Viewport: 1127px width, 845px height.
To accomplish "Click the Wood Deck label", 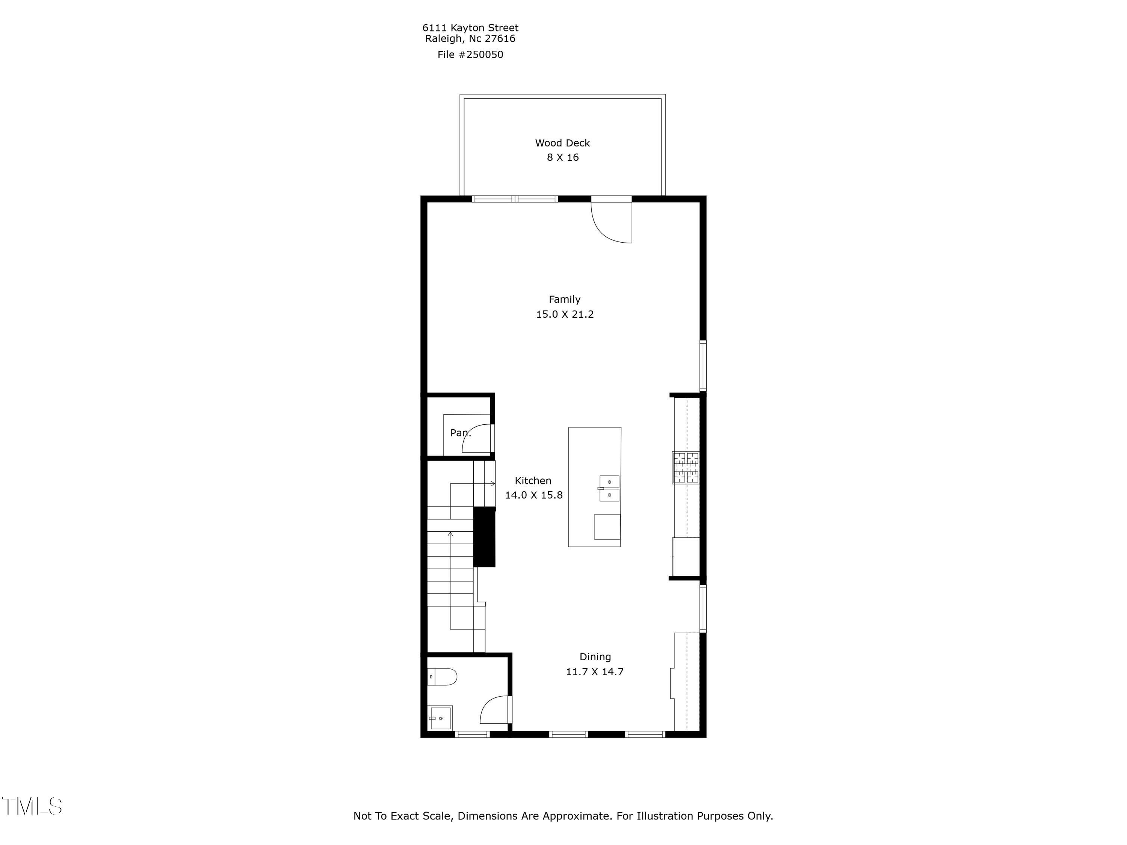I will click(x=562, y=143).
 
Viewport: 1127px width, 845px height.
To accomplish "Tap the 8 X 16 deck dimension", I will click(x=562, y=157).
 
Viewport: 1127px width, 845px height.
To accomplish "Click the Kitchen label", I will click(x=533, y=481).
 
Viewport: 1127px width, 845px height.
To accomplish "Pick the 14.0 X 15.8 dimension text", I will click(x=533, y=495).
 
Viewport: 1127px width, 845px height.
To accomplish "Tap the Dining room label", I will click(x=595, y=657).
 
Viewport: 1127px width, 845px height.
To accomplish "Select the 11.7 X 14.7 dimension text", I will click(x=595, y=672).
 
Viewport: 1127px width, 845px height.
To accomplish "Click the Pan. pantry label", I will click(x=460, y=433).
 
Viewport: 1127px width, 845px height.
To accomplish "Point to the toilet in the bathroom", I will click(x=442, y=677).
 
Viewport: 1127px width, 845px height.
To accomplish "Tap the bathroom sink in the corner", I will click(x=440, y=718).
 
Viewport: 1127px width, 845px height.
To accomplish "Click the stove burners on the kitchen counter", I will click(x=685, y=467).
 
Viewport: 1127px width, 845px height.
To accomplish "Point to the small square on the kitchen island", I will click(x=607, y=527).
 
